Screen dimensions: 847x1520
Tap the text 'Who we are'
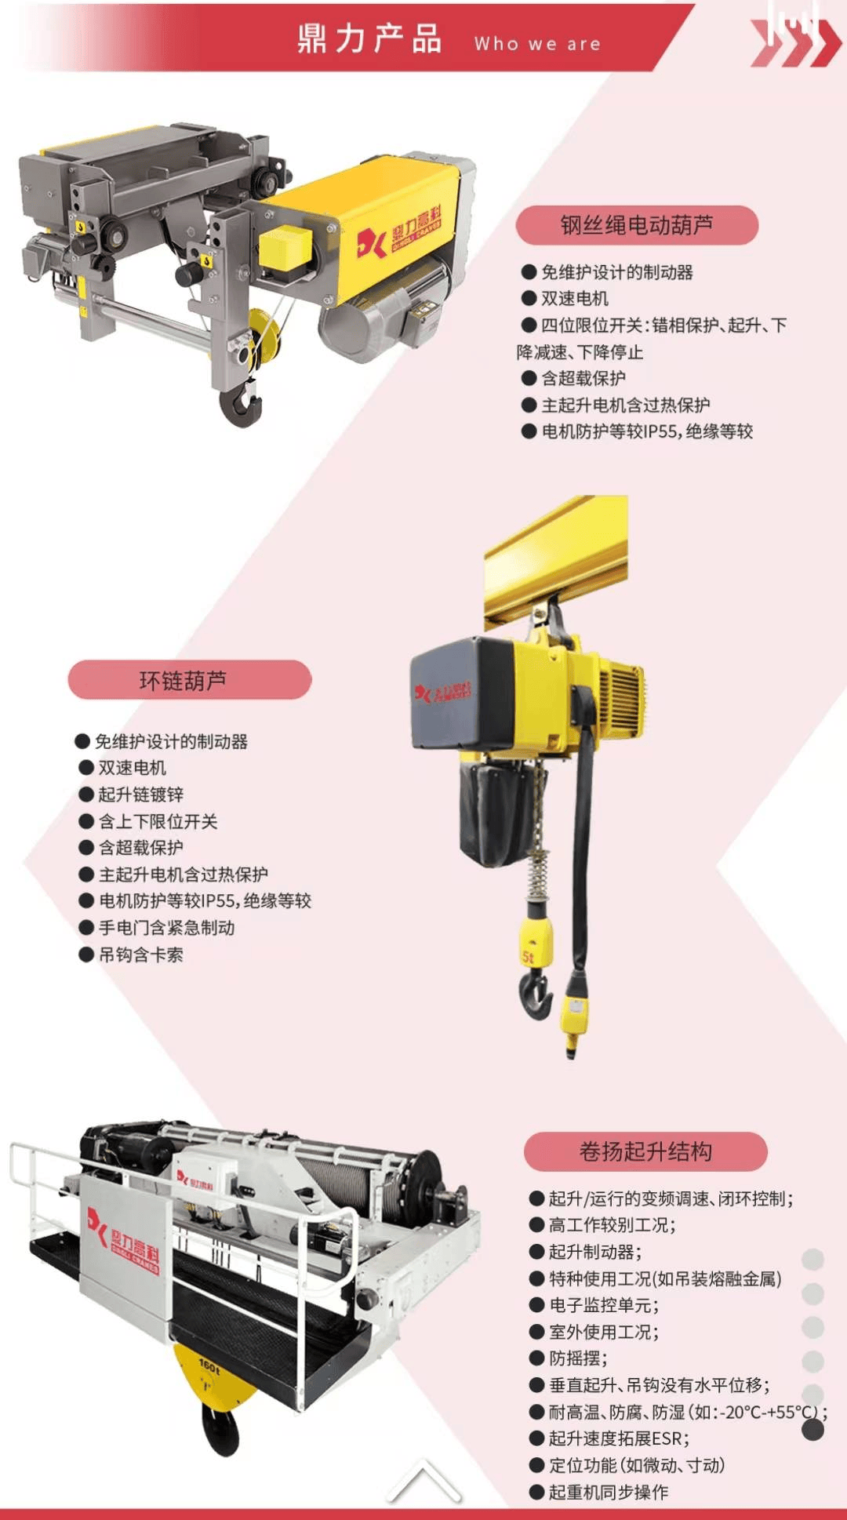coord(537,44)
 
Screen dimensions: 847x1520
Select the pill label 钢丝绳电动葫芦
coord(637,226)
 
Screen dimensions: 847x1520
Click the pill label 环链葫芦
coord(189,680)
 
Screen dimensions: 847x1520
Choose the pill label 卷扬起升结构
coord(645,1151)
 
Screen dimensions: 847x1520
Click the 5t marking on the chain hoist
coord(528,958)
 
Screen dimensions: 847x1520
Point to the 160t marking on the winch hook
coord(209,1365)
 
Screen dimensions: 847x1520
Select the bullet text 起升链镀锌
coord(141,795)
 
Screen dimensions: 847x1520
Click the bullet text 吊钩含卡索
coord(141,955)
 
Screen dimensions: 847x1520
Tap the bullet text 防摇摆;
coord(578,1358)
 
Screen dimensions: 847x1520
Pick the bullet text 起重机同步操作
coord(609,1492)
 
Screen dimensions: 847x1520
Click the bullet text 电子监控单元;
coord(604,1305)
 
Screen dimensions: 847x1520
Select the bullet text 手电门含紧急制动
coord(167,928)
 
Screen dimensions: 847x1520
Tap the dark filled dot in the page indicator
coord(812,1430)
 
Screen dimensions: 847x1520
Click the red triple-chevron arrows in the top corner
coord(795,43)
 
